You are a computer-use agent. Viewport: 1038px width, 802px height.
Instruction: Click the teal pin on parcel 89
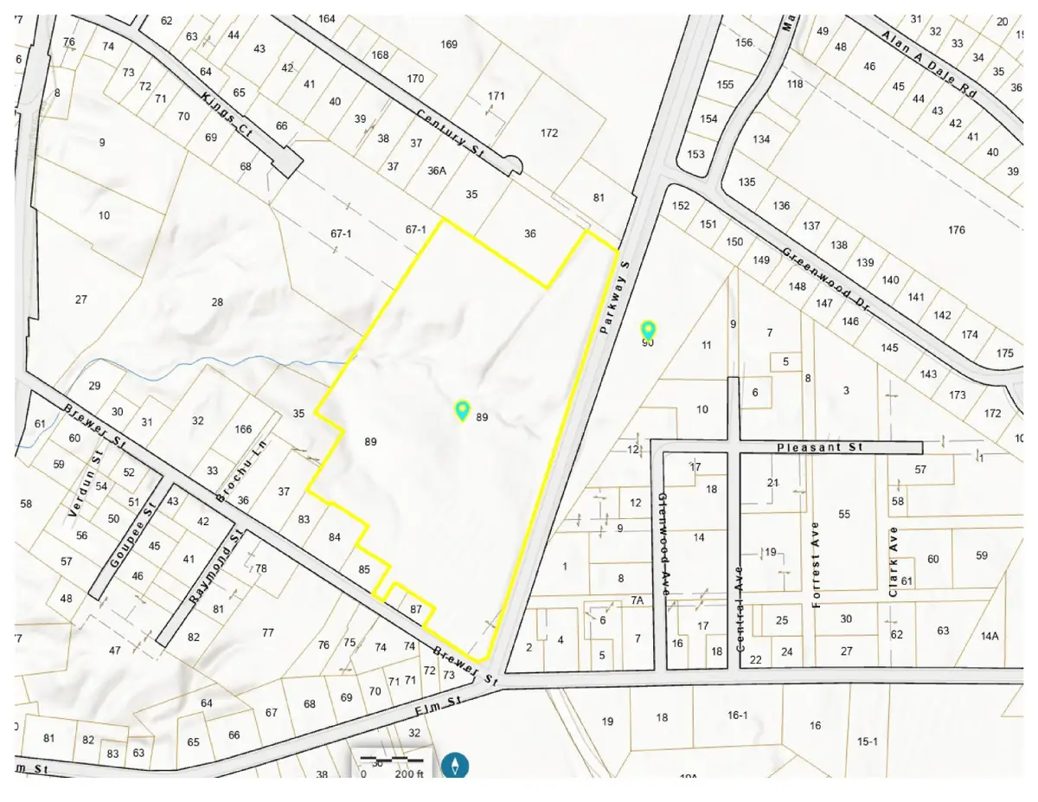coord(463,410)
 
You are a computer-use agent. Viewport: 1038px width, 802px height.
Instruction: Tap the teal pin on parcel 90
coord(648,330)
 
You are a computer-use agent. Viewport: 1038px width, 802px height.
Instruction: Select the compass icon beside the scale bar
coord(456,765)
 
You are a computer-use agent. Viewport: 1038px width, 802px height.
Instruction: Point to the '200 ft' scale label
coord(409,774)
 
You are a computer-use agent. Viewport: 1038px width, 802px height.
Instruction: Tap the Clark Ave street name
coord(894,561)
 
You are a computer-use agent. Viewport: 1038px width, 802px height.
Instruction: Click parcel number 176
coord(956,229)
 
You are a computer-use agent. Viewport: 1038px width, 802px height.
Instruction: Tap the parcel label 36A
coord(436,170)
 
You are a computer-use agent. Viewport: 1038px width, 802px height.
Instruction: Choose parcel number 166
coord(243,429)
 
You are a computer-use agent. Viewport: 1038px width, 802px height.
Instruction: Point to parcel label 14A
coord(990,636)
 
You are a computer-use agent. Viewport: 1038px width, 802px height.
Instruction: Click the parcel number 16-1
coord(737,715)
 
